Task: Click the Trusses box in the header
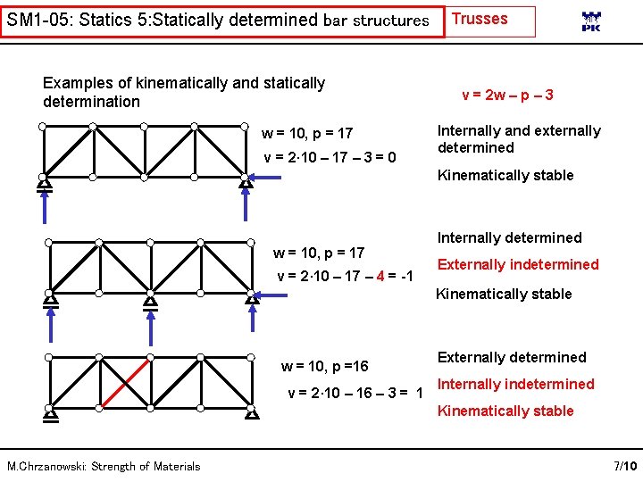pos(490,21)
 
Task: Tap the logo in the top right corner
pos(591,22)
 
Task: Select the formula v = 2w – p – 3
pos(507,95)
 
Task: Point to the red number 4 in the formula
pos(380,276)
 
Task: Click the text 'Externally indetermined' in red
pos(517,264)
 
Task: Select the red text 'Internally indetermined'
pos(514,384)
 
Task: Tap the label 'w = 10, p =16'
pos(324,366)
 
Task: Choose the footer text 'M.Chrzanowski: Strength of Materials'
pos(104,466)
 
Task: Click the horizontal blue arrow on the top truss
pos(265,179)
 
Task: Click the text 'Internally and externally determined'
pos(518,139)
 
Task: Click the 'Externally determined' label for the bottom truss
pos(511,357)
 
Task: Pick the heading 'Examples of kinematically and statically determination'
pos(183,92)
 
